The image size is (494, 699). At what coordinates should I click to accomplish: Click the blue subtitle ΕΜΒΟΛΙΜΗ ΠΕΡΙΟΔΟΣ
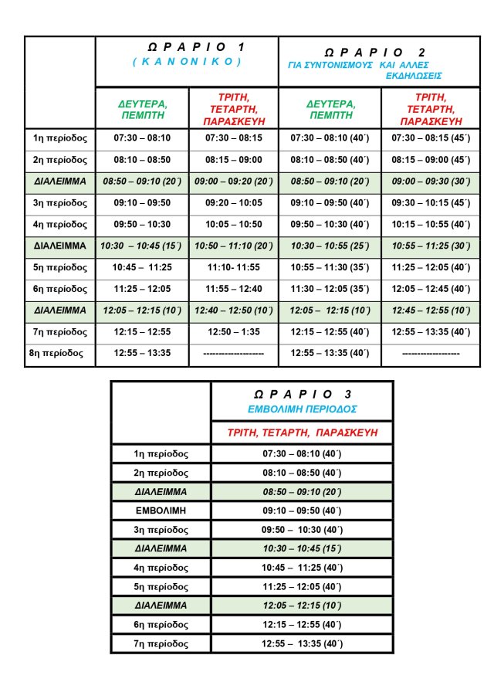[302, 409]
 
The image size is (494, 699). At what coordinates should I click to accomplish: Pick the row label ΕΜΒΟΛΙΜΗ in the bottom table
[161, 511]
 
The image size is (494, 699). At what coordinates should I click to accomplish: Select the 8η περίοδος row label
[60, 353]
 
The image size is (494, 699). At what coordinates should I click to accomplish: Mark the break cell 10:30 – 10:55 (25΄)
[330, 246]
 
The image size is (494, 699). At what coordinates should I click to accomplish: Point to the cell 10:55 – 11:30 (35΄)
[330, 267]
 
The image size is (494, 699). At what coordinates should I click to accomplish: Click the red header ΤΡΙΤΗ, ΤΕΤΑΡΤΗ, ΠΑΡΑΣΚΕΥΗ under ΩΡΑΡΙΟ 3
[302, 433]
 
